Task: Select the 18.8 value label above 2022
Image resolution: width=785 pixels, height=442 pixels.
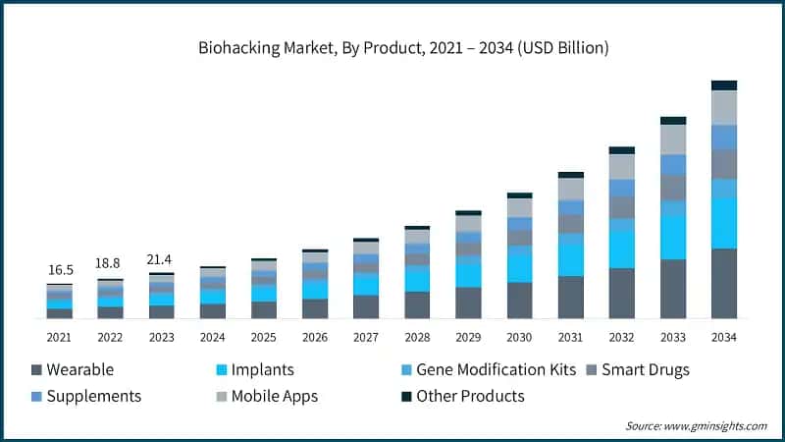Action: [x=110, y=263]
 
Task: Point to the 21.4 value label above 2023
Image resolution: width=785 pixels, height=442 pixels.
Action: [x=161, y=258]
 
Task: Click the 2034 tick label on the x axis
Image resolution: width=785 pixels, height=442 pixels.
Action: [x=723, y=337]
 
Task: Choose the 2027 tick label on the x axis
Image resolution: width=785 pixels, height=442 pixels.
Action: [x=366, y=337]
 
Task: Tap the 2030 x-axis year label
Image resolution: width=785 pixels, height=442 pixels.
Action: [x=519, y=337]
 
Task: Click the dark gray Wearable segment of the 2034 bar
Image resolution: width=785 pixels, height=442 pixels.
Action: [x=723, y=284]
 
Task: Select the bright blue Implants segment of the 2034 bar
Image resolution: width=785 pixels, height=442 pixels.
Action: [x=723, y=223]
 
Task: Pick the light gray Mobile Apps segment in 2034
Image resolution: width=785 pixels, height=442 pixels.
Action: [x=723, y=107]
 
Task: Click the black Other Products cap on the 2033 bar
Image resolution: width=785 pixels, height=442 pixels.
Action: [x=672, y=121]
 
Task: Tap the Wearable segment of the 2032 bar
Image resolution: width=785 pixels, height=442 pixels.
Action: [x=621, y=294]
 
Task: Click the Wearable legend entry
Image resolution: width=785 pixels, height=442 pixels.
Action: [x=73, y=370]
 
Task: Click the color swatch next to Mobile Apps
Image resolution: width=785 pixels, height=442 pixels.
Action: [x=223, y=397]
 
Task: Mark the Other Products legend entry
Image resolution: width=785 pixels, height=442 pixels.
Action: [x=461, y=397]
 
